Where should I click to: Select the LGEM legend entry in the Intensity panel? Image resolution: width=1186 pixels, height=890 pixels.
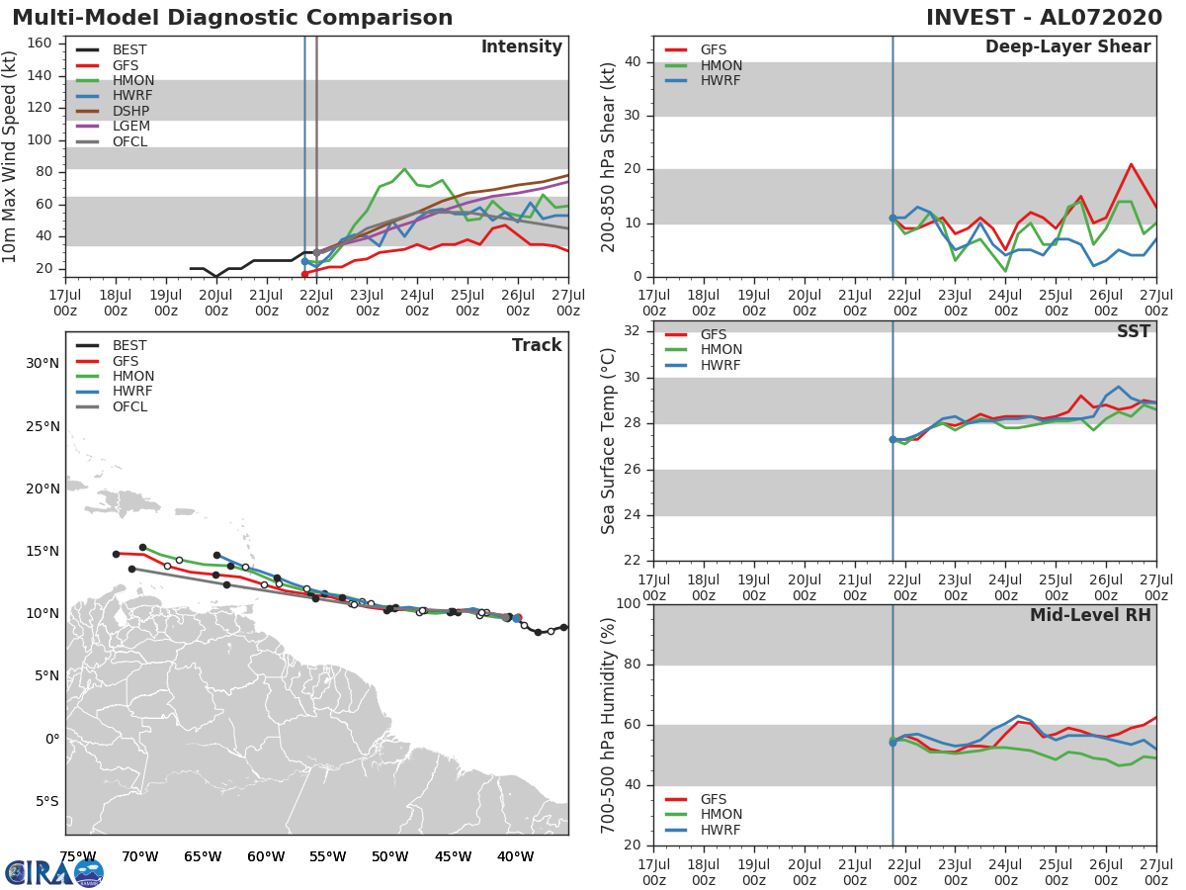click(129, 127)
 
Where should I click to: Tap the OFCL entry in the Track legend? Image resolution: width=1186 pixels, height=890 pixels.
click(129, 407)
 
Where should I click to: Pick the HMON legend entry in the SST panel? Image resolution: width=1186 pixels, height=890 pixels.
click(720, 350)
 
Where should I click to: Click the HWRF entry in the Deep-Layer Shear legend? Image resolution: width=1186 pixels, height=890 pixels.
click(720, 81)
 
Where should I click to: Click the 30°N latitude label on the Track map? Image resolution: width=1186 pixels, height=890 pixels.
click(42, 363)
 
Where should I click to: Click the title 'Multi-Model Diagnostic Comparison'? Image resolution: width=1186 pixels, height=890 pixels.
click(232, 18)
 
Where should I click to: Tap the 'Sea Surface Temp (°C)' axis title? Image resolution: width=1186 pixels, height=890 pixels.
click(609, 441)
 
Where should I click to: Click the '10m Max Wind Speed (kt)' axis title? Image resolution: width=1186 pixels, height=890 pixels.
click(11, 158)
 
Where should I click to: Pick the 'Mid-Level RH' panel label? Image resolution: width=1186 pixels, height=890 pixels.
click(1090, 616)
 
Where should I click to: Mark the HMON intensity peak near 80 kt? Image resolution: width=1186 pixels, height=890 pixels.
click(404, 169)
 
